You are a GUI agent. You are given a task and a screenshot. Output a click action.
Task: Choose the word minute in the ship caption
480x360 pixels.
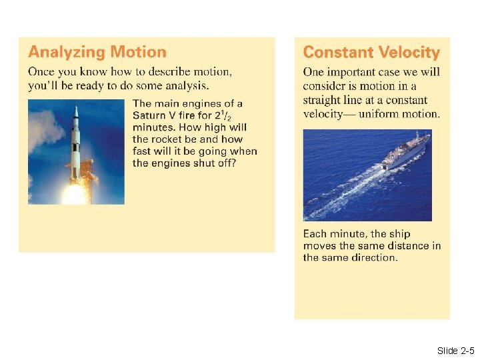(x=346, y=234)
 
